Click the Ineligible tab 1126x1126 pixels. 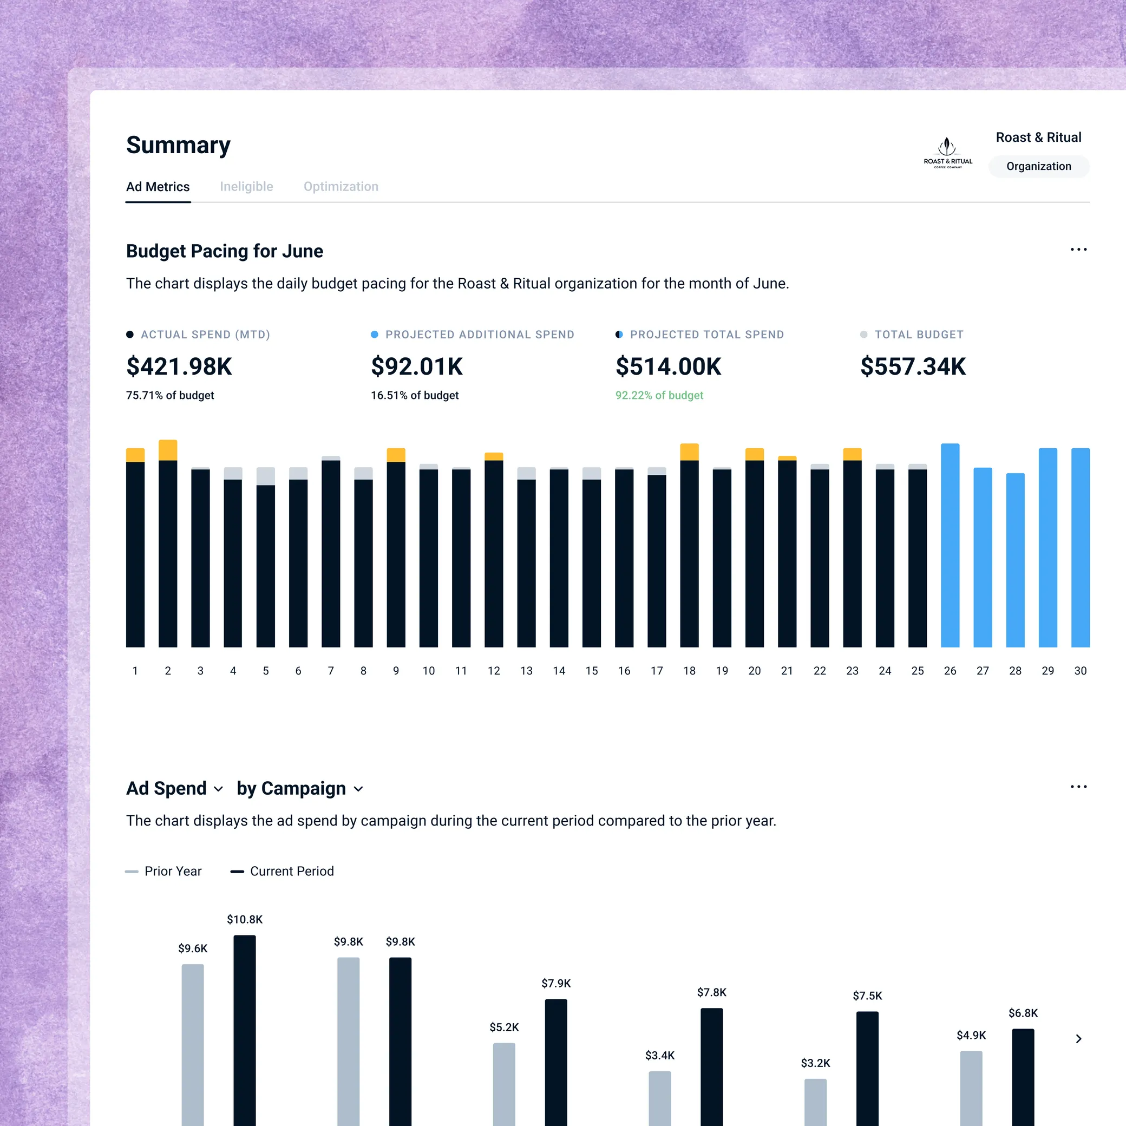pos(246,187)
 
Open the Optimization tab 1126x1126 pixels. pos(341,187)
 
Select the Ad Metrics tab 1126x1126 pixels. pos(158,187)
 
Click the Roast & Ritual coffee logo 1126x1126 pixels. pos(948,153)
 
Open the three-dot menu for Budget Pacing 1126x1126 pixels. pos(1078,250)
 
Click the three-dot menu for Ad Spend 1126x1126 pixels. pos(1078,787)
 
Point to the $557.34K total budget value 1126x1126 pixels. pos(913,366)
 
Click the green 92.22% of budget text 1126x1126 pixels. pos(659,395)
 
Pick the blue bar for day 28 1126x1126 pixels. pos(1015,560)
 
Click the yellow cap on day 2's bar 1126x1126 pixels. pos(168,450)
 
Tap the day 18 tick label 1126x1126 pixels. pos(689,671)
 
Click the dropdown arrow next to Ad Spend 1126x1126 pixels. pos(219,789)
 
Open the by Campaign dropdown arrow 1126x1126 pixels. pos(358,789)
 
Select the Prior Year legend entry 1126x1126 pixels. pos(164,872)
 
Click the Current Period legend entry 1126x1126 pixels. pos(283,872)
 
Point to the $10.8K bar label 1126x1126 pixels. pos(245,920)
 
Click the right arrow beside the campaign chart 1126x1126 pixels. pos(1078,1039)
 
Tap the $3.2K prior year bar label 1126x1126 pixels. pos(815,1063)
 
